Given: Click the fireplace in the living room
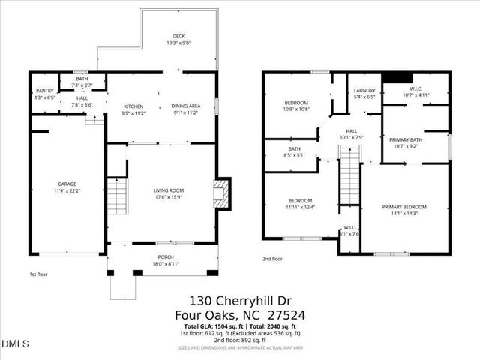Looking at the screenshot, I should tap(221, 193).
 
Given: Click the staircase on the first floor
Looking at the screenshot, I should tap(117, 196).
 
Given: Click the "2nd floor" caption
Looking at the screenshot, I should tap(273, 259).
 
